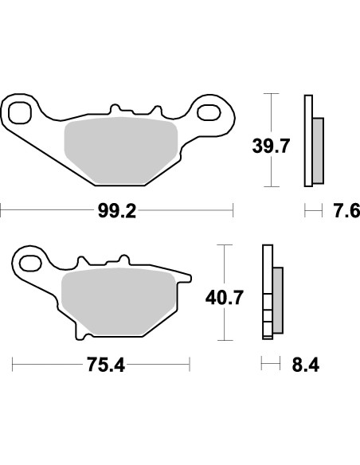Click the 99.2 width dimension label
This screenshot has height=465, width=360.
pos(117,211)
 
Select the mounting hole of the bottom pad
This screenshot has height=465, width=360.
pos(29,261)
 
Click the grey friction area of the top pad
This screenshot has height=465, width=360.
pos(119,147)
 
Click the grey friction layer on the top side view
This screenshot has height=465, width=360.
pos(318,148)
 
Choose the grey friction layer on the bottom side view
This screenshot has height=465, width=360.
pos(278,300)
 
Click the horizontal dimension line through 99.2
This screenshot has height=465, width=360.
pos(48,211)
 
